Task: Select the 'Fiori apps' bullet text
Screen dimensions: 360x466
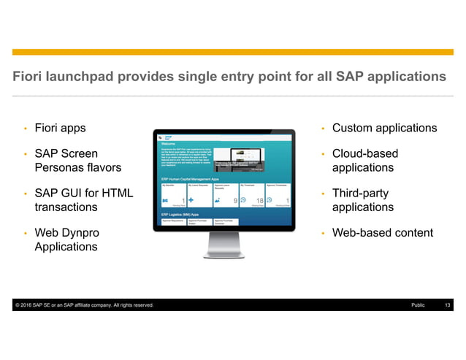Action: coord(60,129)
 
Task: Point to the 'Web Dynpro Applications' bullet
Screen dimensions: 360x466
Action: coord(66,240)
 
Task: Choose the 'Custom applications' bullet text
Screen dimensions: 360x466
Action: coord(384,129)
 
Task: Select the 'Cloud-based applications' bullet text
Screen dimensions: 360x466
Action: coord(365,161)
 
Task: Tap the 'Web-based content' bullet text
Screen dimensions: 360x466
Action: coord(382,233)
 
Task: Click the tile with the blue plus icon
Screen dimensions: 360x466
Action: coord(199,194)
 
